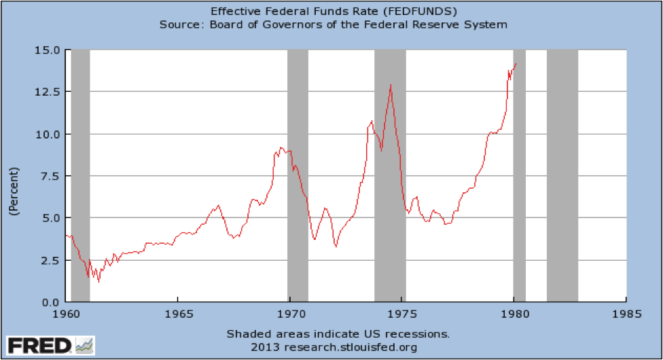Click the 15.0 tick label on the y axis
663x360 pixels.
point(48,50)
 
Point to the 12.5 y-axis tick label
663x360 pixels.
point(48,92)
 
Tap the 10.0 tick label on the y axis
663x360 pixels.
point(48,134)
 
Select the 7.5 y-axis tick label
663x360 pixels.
point(51,176)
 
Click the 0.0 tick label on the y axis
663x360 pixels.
point(51,302)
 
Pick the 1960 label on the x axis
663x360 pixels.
point(65,314)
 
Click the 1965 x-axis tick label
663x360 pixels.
point(177,314)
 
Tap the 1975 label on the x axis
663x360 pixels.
point(401,314)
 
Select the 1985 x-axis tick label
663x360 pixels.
point(626,314)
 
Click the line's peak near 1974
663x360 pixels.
point(391,85)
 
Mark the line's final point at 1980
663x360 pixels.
point(516,64)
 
